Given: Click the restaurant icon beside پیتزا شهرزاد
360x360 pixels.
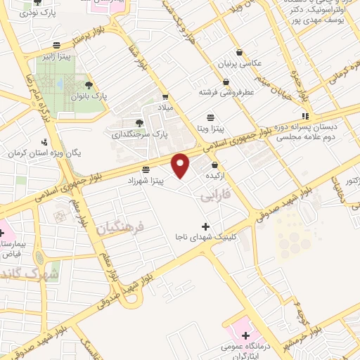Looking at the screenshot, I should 146,169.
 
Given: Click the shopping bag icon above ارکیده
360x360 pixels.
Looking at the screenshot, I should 213,165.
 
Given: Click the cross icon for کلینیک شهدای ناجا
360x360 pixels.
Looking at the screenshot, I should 205,226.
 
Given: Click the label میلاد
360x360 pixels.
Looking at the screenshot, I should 165,108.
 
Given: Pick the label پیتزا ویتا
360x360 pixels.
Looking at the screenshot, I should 210,128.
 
